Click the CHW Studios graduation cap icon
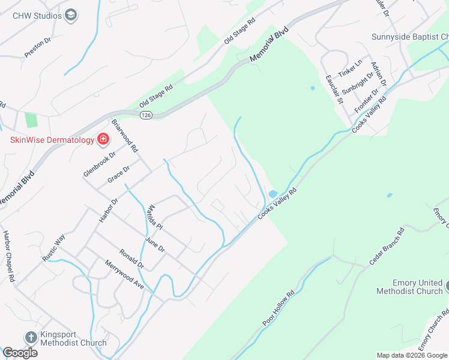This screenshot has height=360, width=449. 71,15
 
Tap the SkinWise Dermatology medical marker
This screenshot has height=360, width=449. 103,140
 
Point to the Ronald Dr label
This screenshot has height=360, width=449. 132,258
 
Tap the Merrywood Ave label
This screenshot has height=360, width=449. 124,275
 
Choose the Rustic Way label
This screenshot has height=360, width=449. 52,247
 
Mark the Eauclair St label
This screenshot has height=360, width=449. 334,89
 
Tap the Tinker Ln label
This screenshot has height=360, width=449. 351,68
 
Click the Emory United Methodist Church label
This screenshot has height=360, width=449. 409,287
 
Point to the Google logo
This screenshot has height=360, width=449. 20,353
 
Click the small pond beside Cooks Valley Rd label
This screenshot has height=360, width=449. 273,194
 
